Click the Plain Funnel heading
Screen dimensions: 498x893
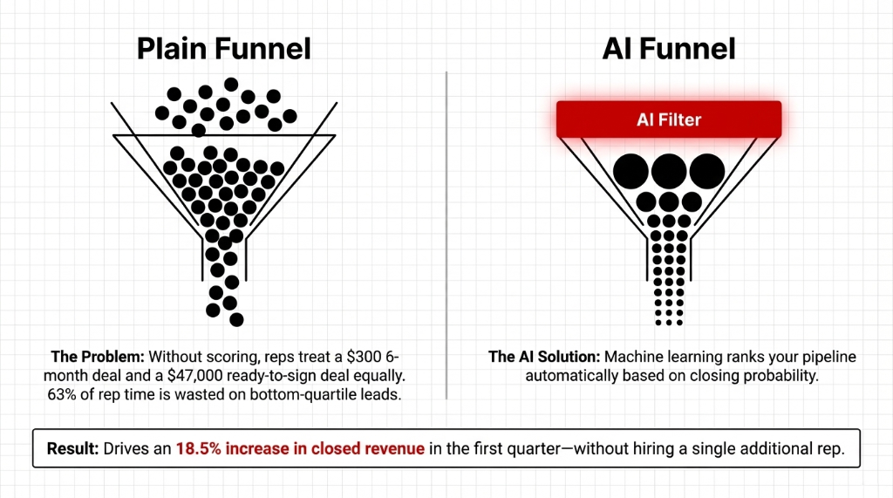pos(223,49)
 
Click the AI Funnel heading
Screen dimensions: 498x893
pos(669,49)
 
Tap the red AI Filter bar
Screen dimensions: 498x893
pos(669,119)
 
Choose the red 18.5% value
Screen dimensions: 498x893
pos(199,447)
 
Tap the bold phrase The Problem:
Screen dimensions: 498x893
pos(98,357)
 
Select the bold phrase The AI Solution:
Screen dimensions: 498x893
pos(544,357)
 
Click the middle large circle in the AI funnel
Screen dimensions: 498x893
pos(669,172)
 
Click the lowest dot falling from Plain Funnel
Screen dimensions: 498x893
pos(235,319)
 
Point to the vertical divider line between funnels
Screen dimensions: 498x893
pos(446,235)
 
